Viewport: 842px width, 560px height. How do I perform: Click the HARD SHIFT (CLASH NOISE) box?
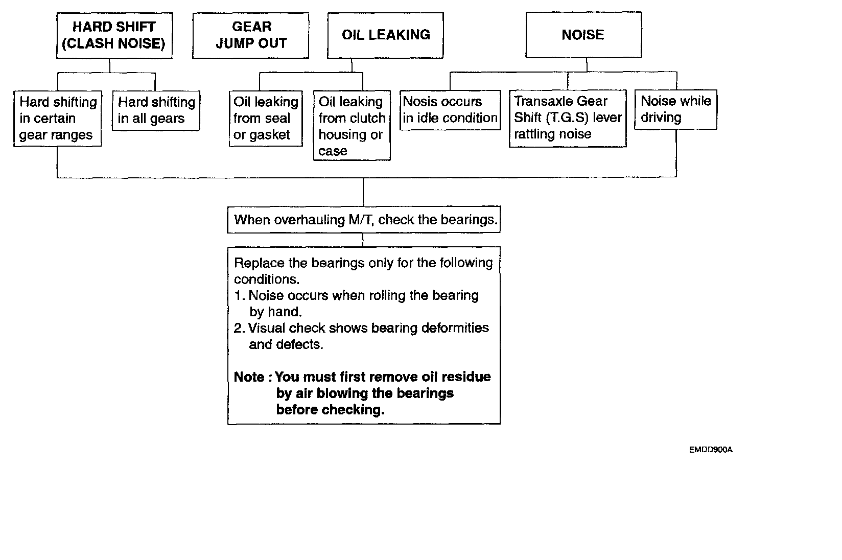(114, 35)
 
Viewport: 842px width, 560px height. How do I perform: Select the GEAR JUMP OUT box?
(250, 35)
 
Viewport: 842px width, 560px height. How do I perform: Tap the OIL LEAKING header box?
(385, 35)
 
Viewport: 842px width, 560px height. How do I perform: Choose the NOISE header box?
(583, 35)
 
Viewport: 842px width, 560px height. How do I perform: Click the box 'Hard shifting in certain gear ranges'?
(57, 119)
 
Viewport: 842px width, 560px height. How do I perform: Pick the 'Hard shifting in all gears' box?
(156, 111)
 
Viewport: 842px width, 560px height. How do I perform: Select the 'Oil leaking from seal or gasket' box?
(266, 119)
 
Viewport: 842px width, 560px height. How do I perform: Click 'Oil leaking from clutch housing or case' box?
(352, 126)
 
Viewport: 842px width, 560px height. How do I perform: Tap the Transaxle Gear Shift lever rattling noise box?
(568, 118)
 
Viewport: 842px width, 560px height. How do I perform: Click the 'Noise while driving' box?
(675, 109)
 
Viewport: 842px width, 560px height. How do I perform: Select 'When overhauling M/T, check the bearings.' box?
(364, 220)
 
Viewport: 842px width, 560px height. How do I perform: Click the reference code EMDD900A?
(710, 450)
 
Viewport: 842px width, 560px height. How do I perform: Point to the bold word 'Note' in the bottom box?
(249, 377)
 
